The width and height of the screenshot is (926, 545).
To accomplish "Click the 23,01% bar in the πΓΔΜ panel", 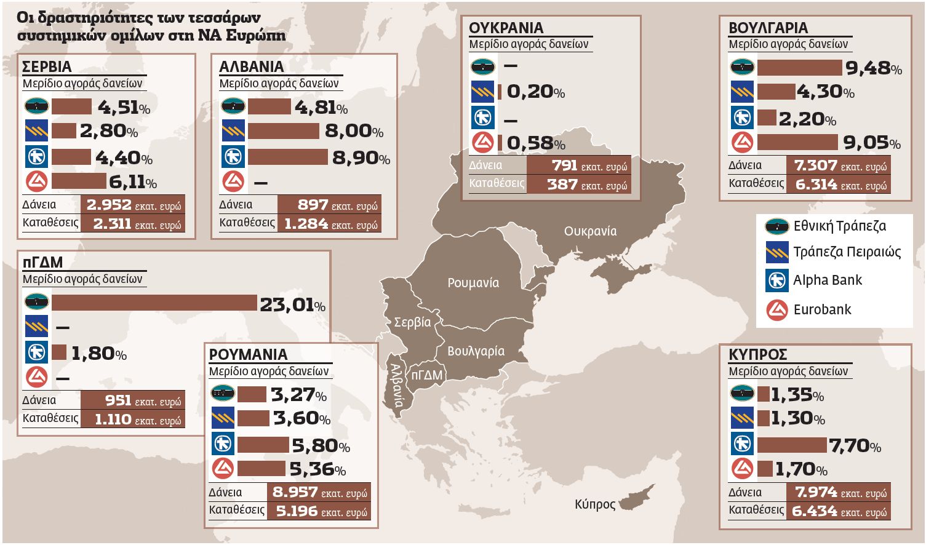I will point(154,303).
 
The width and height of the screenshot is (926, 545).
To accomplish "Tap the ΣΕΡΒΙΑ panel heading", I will point(47,66).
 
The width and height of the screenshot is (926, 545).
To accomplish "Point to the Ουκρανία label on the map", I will point(590,231).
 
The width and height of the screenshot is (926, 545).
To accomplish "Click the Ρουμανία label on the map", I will point(473,283).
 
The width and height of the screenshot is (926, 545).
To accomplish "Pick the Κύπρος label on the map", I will point(595,504).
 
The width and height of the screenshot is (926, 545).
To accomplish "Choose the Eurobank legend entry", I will point(822,309).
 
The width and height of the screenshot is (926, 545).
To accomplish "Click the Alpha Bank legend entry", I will point(828,280).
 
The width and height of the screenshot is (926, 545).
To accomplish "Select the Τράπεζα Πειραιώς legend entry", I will point(847,252).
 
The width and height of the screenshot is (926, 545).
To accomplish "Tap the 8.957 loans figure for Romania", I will point(295,492).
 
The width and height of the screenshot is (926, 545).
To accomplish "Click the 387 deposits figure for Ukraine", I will point(562,185).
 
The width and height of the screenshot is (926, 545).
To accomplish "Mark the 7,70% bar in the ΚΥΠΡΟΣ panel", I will point(792,444).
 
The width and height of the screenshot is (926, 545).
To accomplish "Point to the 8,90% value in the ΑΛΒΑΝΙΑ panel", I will point(361,157).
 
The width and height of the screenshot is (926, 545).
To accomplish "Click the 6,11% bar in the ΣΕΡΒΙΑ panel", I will point(79,181).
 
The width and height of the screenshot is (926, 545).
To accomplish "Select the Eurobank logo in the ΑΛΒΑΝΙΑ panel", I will point(233,181).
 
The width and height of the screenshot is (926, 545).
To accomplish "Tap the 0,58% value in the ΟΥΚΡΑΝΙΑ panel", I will point(535,143).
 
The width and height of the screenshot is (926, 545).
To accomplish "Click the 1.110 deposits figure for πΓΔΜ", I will point(113,420).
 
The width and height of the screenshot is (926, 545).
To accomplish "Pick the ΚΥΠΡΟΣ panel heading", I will point(757,355).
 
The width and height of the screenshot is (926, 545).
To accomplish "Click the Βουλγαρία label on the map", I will point(476,351).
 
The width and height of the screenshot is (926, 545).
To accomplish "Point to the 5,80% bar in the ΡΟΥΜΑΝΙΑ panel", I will point(263,444).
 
